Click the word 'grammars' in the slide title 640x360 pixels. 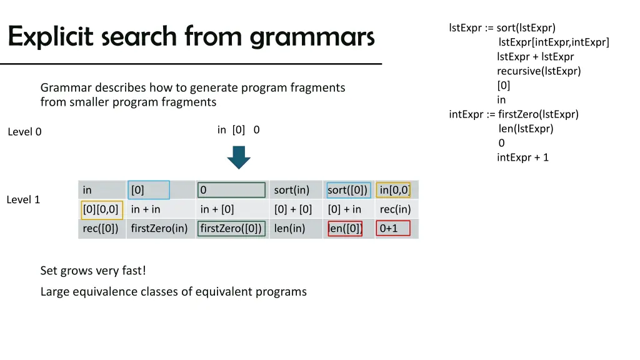pyautogui.click(x=312, y=37)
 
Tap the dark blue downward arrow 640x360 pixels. pyautogui.click(x=238, y=157)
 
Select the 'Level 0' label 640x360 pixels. pyautogui.click(x=24, y=132)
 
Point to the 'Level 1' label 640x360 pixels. pyautogui.click(x=23, y=200)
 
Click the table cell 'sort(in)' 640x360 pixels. pyautogui.click(x=291, y=190)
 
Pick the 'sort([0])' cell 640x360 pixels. pyautogui.click(x=347, y=190)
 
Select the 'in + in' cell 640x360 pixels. pyautogui.click(x=146, y=209)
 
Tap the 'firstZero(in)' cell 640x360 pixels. pyautogui.click(x=159, y=228)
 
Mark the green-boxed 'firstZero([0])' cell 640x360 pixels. pyautogui.click(x=231, y=228)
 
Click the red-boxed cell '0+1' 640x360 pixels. pyautogui.click(x=393, y=228)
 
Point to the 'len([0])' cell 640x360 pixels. pyautogui.click(x=345, y=228)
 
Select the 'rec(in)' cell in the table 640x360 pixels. pyautogui.click(x=395, y=209)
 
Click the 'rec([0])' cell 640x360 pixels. pyautogui.click(x=100, y=228)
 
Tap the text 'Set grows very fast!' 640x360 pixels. pyautogui.click(x=93, y=271)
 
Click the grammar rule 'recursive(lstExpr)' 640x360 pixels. pyautogui.click(x=539, y=71)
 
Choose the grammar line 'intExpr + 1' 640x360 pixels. pyautogui.click(x=522, y=157)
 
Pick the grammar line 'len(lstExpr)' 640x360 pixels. pyautogui.click(x=526, y=129)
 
